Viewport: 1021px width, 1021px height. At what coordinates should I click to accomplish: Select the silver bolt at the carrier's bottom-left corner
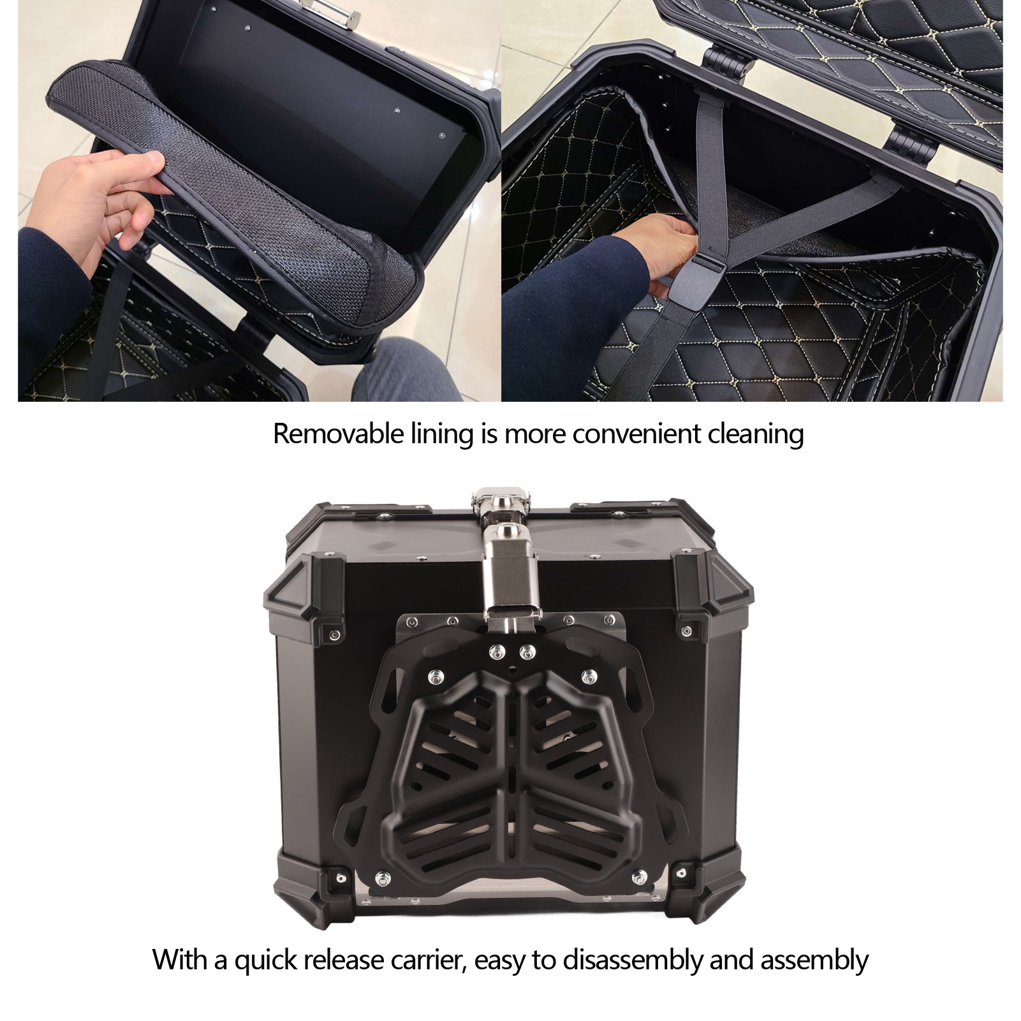[x=382, y=878]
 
